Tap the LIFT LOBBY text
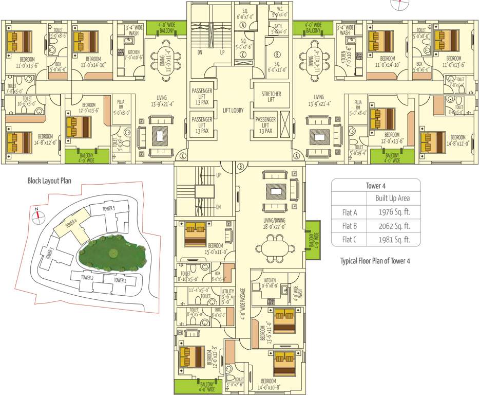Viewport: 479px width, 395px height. point(233,111)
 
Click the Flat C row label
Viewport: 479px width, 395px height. point(349,239)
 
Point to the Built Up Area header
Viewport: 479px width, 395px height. point(393,198)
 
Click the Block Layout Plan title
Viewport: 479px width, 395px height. point(49,181)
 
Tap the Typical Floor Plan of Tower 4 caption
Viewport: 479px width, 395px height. point(375,261)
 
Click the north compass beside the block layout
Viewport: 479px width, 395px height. point(37,217)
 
